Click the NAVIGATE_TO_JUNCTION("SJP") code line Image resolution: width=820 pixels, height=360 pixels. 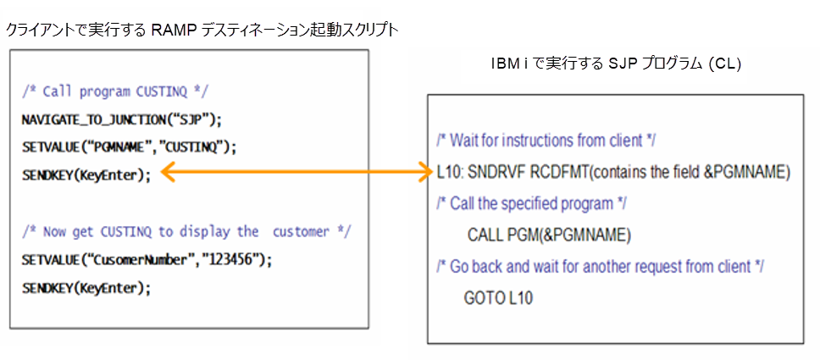[120, 119]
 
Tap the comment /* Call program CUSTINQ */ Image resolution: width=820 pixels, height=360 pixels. [115, 91]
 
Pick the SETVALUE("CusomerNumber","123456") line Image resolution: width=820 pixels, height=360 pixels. [147, 259]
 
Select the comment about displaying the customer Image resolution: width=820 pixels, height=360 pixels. [186, 231]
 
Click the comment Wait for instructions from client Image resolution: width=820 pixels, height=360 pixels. [546, 140]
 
